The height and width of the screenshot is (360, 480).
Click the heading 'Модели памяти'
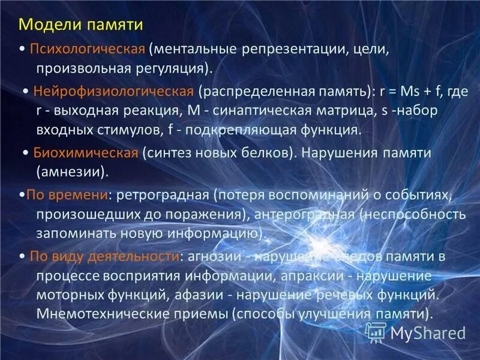(81, 25)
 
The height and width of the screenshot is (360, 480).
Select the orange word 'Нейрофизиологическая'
(113, 92)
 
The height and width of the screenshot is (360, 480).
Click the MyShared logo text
(428, 332)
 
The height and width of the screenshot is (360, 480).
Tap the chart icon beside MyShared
(375, 331)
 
